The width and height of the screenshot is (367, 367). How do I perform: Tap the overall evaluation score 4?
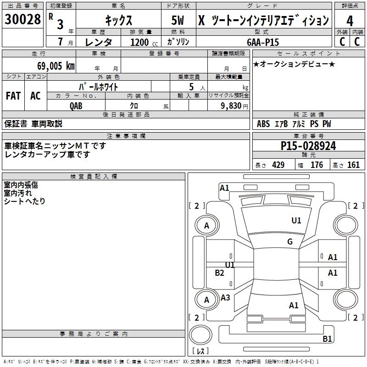pos(350,21)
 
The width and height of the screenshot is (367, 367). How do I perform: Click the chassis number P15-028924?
pos(308,146)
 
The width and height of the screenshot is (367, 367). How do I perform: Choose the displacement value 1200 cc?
pos(143,42)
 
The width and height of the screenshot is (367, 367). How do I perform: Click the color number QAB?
pos(76,106)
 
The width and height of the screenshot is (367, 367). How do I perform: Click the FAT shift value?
pos(13,96)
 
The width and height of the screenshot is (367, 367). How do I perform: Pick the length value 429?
pos(278,165)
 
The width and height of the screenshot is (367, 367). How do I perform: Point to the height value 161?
pos(353,165)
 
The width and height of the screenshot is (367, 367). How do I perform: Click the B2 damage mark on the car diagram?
pos(220,273)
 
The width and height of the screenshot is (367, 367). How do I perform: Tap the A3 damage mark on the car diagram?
pos(225,298)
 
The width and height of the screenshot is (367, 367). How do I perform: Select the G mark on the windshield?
pos(290,242)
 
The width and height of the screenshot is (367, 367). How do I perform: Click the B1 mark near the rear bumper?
pos(327,339)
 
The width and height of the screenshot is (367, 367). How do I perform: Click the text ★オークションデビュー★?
pos(294,64)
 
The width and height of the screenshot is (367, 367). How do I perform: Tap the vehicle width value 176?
pos(317,165)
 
